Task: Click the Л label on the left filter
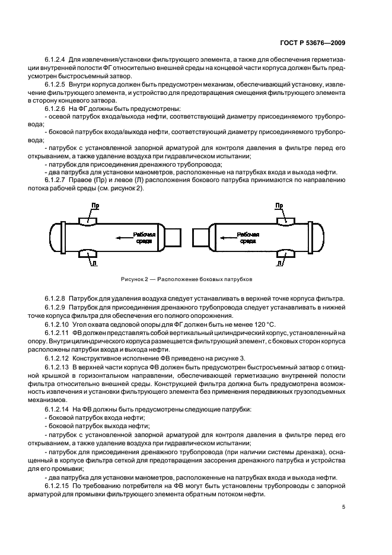(92, 261)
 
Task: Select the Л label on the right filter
(279, 261)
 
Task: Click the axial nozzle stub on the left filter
(173, 235)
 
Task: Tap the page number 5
(344, 508)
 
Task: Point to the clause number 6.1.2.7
(55, 180)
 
